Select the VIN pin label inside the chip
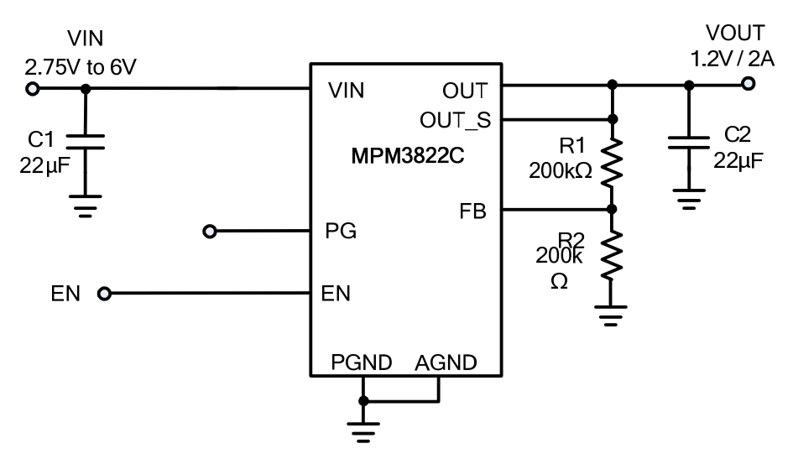tap(345, 90)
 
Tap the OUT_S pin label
tap(456, 120)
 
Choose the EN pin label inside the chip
tap(337, 294)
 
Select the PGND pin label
tap(361, 363)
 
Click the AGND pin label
tap(446, 363)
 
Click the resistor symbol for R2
tap(613, 258)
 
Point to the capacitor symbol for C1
tap(83, 141)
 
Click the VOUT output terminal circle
tap(749, 84)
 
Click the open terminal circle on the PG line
tap(210, 231)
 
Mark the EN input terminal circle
tap(104, 294)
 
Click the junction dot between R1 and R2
tap(613, 209)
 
